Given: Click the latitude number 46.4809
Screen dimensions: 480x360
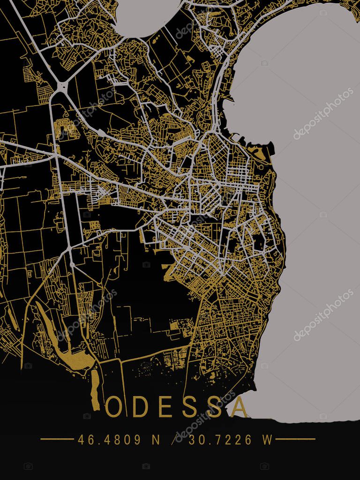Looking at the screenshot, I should (109, 440).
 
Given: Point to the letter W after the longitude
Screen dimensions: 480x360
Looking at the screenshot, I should (267, 440).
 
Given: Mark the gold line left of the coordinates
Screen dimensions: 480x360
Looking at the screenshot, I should (57, 439).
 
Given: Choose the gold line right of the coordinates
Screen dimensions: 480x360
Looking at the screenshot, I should (295, 439).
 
